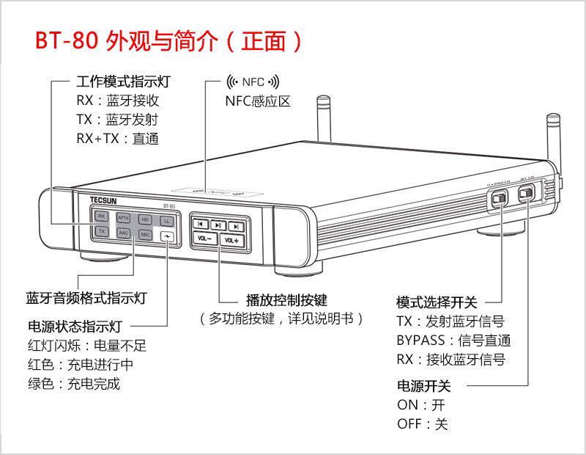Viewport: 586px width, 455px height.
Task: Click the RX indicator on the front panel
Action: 102,216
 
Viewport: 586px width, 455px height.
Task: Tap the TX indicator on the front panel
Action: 102,232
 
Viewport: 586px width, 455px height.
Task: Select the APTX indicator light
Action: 124,218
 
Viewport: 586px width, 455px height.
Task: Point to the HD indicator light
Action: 145,219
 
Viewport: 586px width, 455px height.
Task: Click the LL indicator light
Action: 167,221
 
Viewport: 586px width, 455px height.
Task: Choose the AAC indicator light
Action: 124,233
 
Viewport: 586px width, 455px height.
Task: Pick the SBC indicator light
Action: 145,235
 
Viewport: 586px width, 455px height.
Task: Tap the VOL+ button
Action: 231,240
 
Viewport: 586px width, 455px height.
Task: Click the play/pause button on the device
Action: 218,225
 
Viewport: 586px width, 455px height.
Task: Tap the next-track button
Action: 235,227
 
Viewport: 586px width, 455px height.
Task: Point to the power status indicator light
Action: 168,236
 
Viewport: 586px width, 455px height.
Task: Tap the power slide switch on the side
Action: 526,194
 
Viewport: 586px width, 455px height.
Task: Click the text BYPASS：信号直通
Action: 453,341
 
